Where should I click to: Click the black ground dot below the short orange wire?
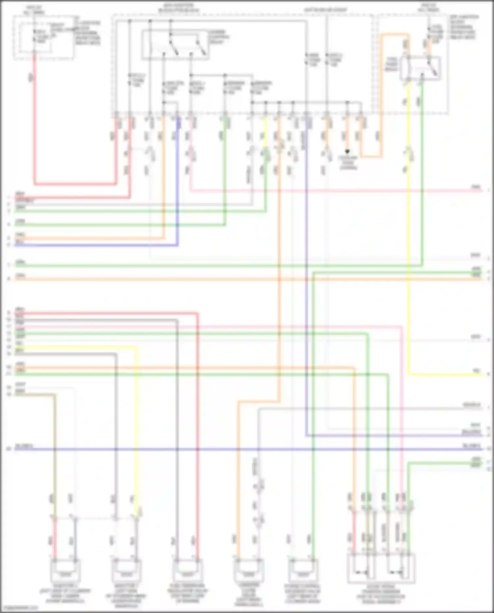coord(347,152)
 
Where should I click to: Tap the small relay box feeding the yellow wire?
coord(421,69)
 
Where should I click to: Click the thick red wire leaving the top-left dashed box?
coord(34,125)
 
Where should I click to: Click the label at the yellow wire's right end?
coord(476,371)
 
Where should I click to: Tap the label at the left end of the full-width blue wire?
coord(24,447)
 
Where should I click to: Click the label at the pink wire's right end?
coord(476,187)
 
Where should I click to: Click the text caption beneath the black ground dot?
coord(348,163)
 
